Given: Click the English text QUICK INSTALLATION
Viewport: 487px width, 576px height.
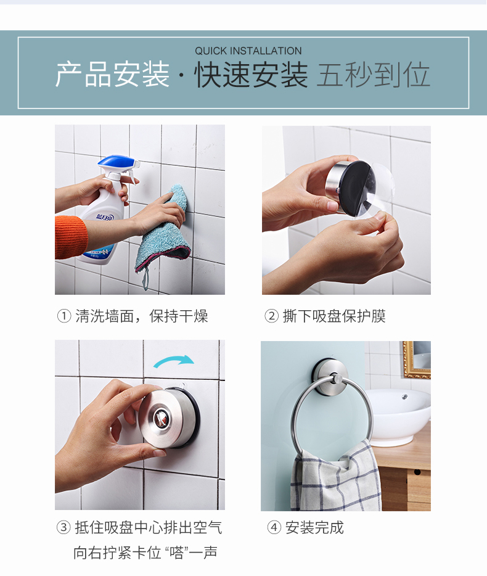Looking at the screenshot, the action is tap(248, 51).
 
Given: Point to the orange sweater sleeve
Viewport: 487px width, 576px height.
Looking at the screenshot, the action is tap(71, 237).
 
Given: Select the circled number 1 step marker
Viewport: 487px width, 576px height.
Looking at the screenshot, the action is tap(64, 316).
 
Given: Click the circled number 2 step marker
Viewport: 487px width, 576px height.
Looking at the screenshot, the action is tap(271, 316).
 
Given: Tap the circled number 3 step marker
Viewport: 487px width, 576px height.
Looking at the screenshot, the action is tap(63, 527).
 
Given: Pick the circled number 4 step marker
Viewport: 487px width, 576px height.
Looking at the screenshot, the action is tap(274, 527).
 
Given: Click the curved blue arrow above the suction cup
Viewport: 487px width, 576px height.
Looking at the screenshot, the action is tap(174, 361).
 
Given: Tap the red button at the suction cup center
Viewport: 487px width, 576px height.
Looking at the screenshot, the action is tap(161, 418).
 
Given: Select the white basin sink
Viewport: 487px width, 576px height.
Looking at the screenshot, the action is tap(398, 415).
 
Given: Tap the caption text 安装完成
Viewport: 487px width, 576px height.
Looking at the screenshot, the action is tap(314, 527).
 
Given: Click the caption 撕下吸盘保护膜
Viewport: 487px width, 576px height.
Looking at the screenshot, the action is tap(334, 316).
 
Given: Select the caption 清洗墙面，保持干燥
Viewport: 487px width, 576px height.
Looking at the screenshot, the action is tap(142, 316).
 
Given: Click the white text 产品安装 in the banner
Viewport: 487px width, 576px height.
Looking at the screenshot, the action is tap(112, 75).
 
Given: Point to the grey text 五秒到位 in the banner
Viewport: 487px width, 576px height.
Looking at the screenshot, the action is tap(374, 75).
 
